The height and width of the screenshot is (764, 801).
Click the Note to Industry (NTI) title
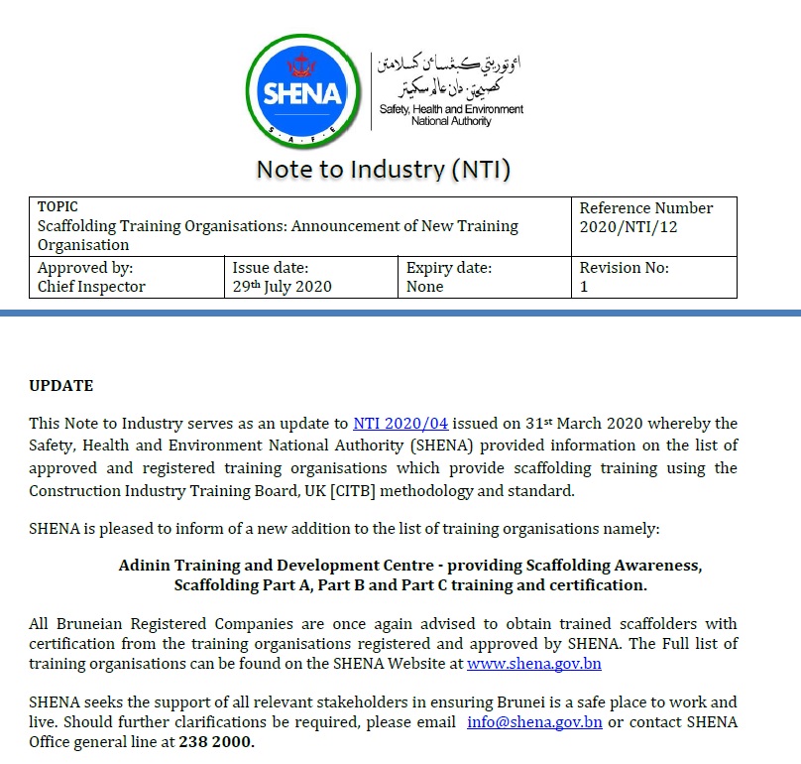384,169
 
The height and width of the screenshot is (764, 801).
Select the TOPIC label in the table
57,207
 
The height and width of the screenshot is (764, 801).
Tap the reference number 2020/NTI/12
629,227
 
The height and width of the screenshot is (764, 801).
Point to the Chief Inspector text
91,287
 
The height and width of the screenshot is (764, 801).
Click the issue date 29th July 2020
282,287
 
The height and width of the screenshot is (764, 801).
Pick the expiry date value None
425,287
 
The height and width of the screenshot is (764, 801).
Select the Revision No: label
624,268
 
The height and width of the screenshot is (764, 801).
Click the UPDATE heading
61,385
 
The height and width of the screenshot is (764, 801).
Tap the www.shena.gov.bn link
533,664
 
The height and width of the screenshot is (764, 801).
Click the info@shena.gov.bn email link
534,722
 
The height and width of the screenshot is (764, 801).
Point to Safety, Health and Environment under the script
451,109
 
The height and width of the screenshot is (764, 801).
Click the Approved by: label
85,268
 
